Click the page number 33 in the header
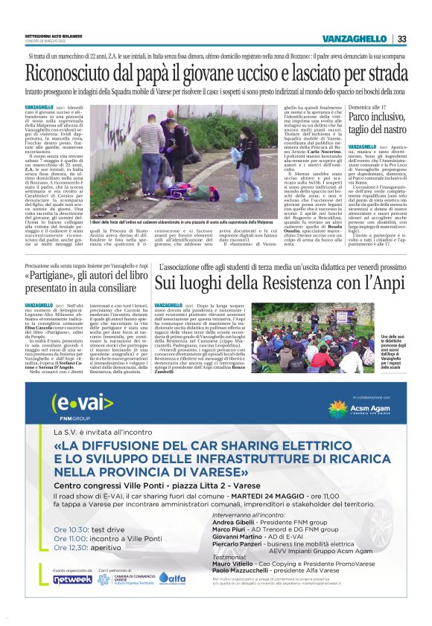point(401,39)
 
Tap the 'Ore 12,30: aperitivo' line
point(85,548)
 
